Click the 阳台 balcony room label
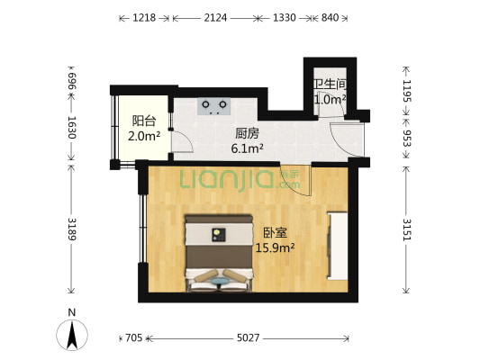144,120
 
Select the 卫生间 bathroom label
330,85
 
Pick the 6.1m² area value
247,148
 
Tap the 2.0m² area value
144,136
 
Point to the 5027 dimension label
248,338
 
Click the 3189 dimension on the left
70,231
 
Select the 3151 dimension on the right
406,230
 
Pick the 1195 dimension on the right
406,91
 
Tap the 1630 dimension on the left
70,130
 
